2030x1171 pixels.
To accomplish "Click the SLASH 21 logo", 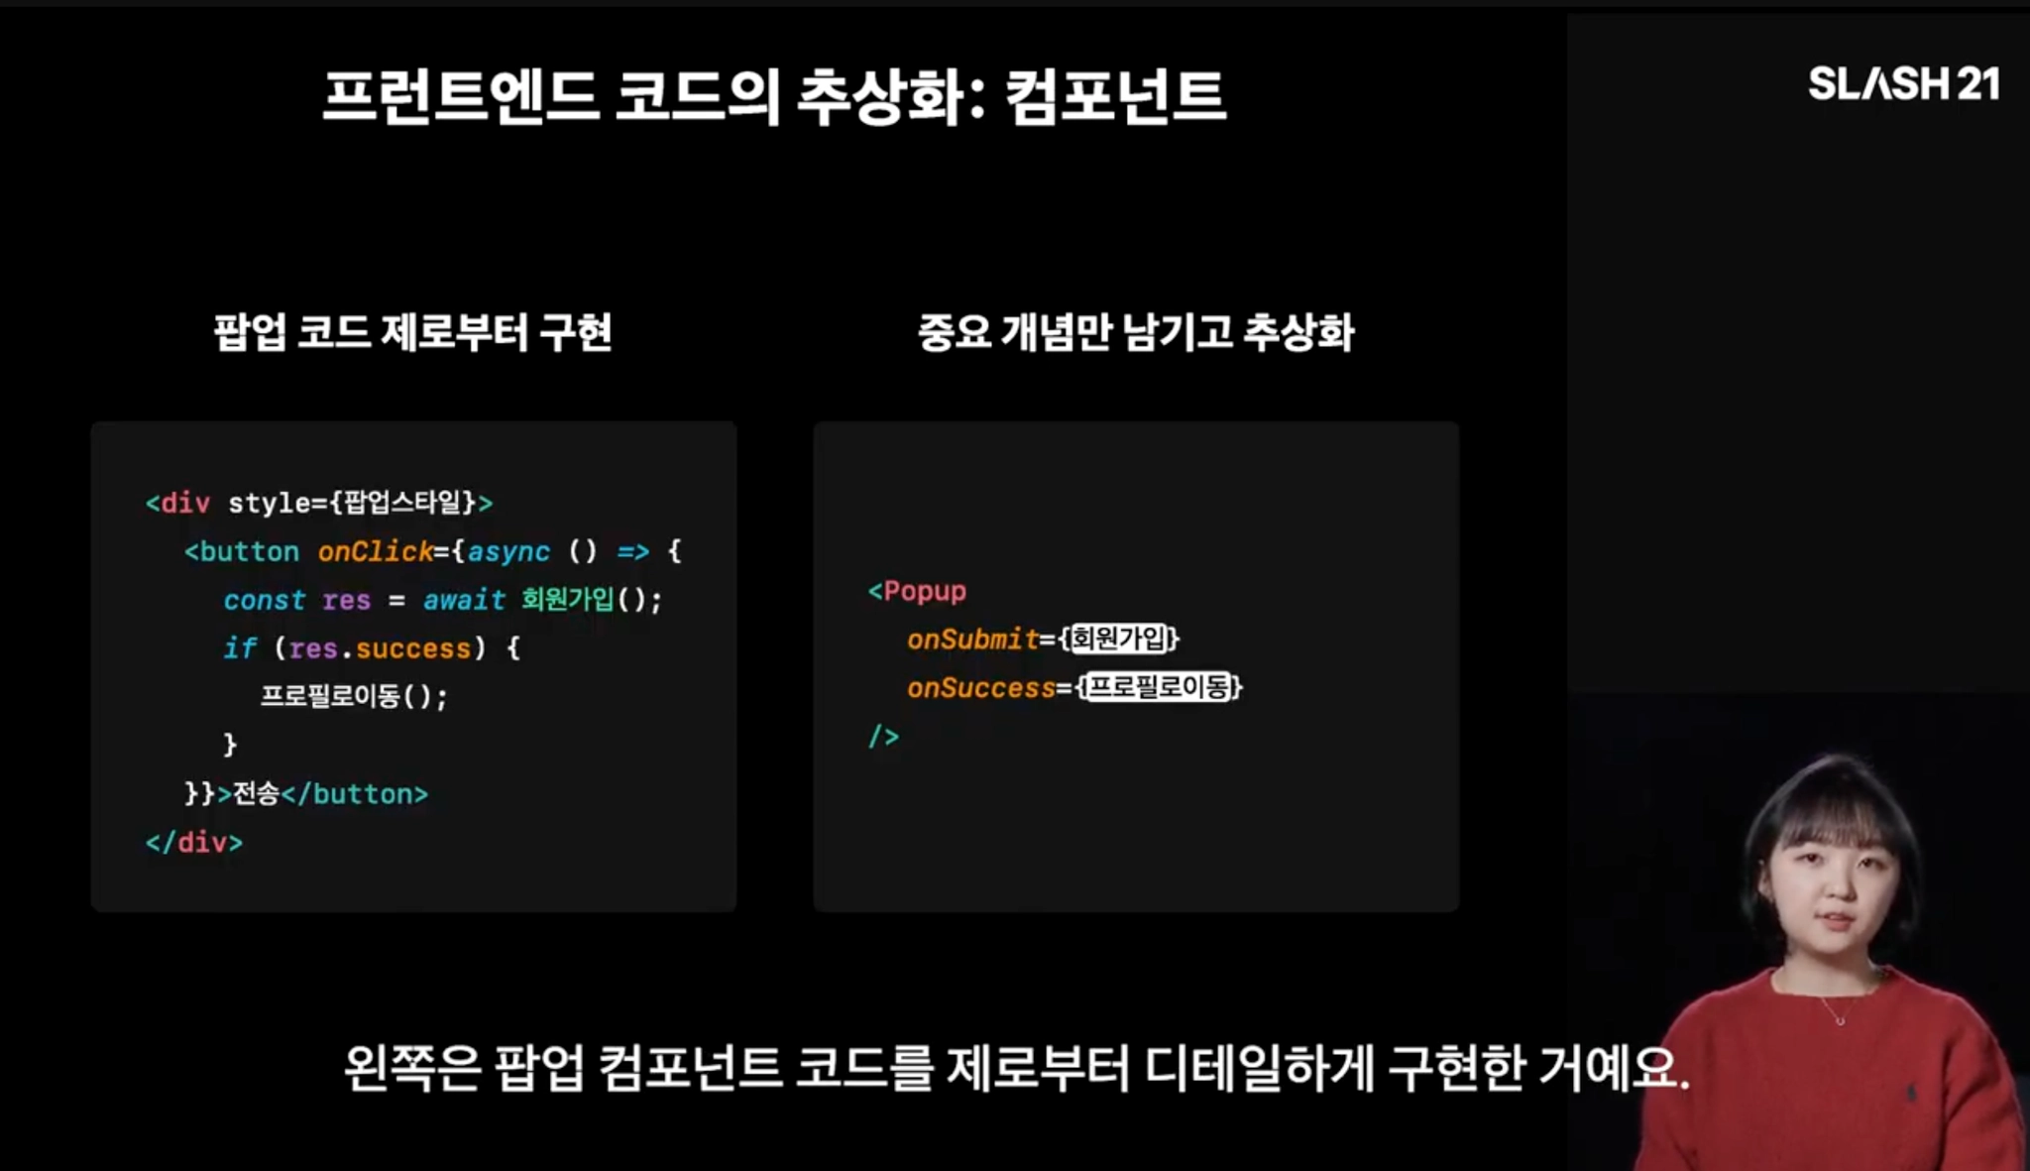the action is (x=1902, y=84).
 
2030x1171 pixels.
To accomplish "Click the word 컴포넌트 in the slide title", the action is (x=1115, y=96).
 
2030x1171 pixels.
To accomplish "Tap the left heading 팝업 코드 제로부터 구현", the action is (x=412, y=332).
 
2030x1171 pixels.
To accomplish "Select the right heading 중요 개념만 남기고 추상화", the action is (x=1135, y=332).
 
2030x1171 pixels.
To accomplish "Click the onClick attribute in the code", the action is (x=376, y=551).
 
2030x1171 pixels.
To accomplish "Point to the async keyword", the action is (x=507, y=551).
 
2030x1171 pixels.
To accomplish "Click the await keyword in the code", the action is (x=464, y=600).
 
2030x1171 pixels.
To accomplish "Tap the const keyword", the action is (x=264, y=600).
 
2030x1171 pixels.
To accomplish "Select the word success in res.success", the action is (x=413, y=648).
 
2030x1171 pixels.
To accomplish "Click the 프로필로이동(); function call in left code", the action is (x=353, y=696).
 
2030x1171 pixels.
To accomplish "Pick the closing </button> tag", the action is (x=355, y=794).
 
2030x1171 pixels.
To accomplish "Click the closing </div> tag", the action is (x=194, y=843).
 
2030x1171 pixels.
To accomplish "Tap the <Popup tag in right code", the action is (x=917, y=591).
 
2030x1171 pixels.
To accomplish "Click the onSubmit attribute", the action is (x=972, y=640).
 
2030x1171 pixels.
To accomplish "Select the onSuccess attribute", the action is (x=981, y=688).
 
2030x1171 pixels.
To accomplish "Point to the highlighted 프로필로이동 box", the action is (x=1159, y=687).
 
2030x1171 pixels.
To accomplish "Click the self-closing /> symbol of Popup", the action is (x=883, y=736).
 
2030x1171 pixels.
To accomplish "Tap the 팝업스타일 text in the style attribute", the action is (x=402, y=503).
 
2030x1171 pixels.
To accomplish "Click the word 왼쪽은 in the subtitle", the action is (x=411, y=1069).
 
